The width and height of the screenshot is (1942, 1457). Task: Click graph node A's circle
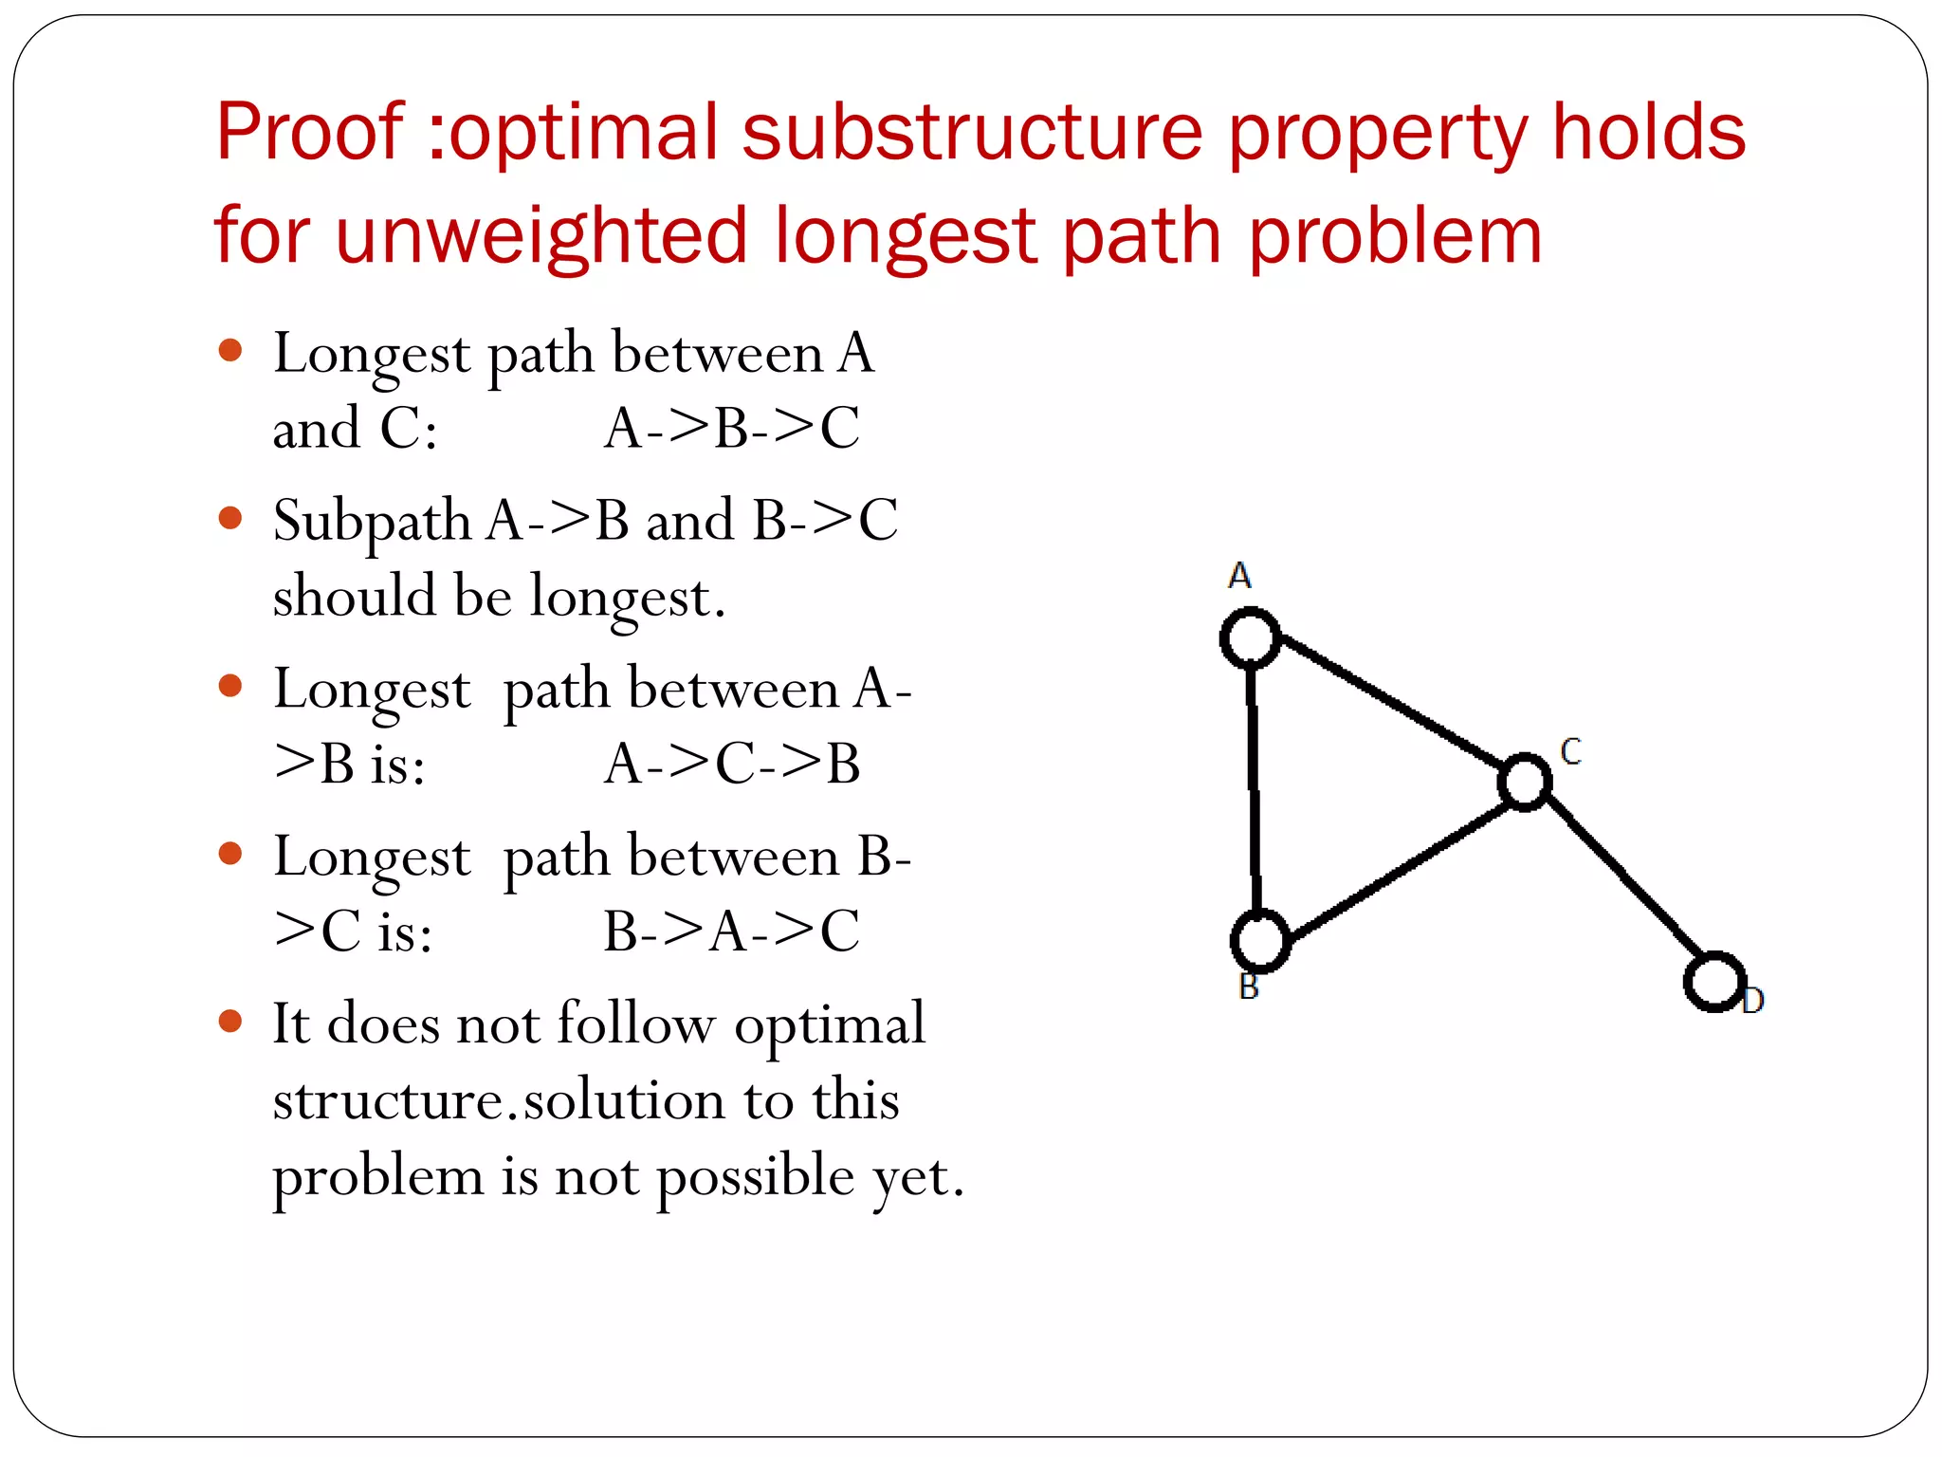[x=1251, y=637]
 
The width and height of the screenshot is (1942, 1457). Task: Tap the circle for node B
[x=1260, y=940]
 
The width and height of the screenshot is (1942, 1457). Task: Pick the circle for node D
[x=1714, y=981]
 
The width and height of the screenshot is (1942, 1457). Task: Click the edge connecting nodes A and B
[x=1255, y=787]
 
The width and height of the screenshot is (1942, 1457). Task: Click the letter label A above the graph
[x=1239, y=576]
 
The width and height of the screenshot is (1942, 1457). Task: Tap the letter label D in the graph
[x=1753, y=1000]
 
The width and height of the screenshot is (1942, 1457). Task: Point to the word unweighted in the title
[x=541, y=235]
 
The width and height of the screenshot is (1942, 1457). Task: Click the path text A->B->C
[x=732, y=428]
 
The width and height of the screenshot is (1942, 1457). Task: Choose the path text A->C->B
[x=732, y=764]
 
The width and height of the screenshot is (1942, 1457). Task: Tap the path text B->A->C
[x=732, y=931]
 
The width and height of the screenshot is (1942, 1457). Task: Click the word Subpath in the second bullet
[x=372, y=522]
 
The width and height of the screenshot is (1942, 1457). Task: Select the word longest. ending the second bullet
[x=628, y=598]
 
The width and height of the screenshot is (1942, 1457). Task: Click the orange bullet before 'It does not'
[x=230, y=1021]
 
